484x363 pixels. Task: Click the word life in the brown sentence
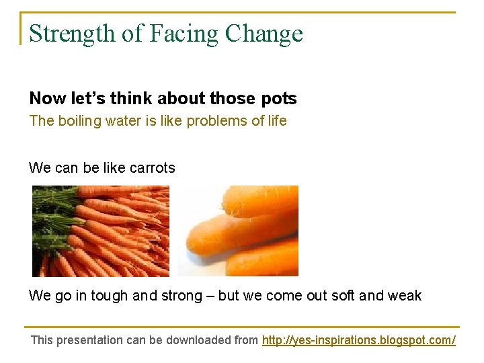click(x=276, y=121)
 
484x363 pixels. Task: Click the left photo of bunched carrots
click(x=101, y=231)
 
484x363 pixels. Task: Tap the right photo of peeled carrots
click(x=238, y=231)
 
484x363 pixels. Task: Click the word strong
click(x=182, y=296)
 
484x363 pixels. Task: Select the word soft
click(x=341, y=296)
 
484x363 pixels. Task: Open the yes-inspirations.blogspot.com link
click(x=358, y=340)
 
